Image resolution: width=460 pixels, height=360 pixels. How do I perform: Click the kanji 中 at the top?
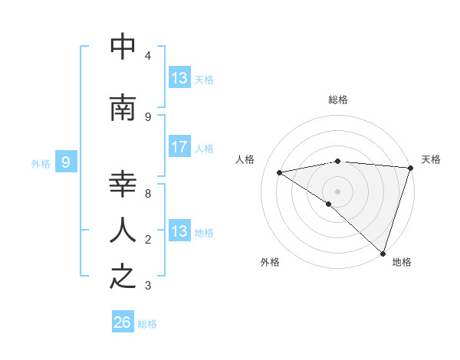coord(123,47)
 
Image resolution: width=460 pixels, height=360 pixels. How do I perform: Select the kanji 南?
coord(123,108)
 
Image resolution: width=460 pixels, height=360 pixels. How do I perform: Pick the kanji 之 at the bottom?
coord(123,277)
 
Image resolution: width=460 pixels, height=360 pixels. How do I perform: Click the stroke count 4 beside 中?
coord(148,56)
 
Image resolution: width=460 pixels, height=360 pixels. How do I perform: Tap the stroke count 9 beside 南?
coord(148,116)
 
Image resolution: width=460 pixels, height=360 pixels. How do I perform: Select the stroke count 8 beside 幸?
coord(148,194)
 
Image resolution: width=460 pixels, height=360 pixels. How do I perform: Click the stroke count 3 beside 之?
coord(148,286)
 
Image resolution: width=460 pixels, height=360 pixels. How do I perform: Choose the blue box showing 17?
coord(179,147)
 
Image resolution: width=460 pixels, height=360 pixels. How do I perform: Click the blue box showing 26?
coord(123,323)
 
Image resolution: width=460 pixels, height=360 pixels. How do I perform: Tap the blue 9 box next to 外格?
coord(66,162)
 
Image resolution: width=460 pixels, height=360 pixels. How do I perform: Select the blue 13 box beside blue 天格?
coord(179,78)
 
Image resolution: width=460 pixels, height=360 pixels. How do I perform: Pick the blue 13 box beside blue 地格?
coord(179,231)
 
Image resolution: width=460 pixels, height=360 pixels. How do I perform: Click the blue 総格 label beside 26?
coord(148,324)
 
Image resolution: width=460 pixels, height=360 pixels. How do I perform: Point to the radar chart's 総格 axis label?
coord(337,100)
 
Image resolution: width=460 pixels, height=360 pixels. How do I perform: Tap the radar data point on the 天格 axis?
coord(410,168)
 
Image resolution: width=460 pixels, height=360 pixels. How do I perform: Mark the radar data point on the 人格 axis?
coord(280,172)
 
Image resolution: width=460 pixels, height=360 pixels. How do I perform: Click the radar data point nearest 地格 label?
coord(383,253)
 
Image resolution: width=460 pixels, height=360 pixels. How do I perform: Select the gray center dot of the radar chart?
coord(337,191)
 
